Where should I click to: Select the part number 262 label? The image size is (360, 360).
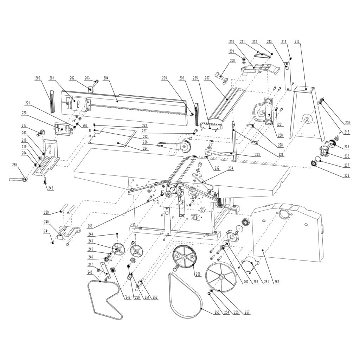tap(277, 282)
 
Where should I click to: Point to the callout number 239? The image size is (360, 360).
tap(46, 212)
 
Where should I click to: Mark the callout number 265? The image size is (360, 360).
tap(14, 165)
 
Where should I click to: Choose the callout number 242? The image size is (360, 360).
tap(51, 188)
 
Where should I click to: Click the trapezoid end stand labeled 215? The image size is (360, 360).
tap(305, 112)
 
